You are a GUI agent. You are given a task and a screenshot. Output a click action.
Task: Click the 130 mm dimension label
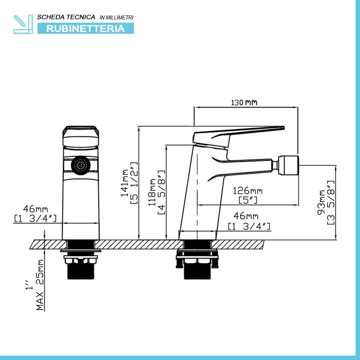244,102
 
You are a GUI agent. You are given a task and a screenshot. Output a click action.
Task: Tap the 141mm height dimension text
124,183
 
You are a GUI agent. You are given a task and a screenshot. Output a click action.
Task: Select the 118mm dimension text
152,192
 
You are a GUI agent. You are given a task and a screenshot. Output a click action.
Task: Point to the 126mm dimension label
247,191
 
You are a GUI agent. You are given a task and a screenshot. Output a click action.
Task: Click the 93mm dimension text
321,202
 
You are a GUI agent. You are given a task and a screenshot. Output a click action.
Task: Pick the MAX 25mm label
40,285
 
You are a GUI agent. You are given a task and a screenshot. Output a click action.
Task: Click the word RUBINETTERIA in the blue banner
85,28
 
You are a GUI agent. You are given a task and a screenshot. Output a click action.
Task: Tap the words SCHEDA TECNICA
66,17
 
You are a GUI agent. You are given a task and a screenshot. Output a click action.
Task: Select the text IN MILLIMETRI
116,17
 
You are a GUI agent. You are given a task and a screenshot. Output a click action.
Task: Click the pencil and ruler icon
23,24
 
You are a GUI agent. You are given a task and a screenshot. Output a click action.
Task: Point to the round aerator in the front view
81,165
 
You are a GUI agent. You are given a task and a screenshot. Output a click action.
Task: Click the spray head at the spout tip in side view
289,165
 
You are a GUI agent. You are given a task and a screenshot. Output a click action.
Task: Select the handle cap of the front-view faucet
81,136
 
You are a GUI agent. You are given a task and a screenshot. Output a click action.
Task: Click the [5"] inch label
248,200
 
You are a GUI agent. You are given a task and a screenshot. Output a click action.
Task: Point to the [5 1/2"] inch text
134,183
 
